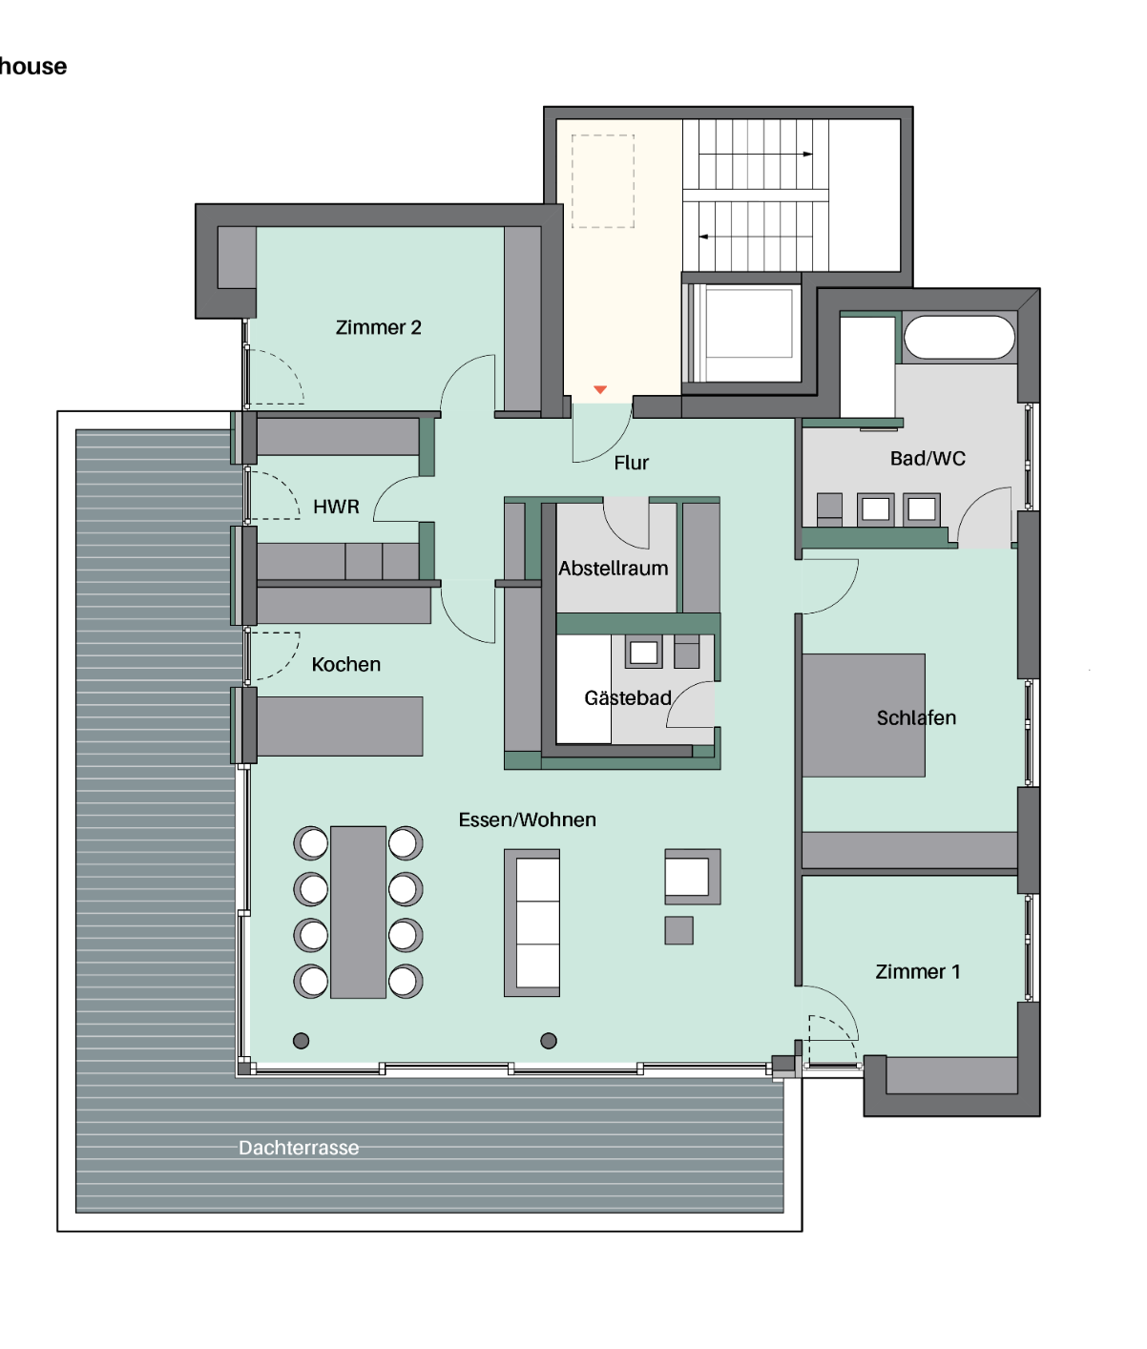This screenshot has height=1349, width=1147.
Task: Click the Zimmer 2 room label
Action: click(x=378, y=327)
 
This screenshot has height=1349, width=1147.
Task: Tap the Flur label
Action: click(x=632, y=463)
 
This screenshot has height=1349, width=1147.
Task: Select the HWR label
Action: click(x=336, y=507)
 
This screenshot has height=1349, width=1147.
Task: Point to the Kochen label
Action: click(x=346, y=664)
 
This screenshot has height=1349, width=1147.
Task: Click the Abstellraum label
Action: click(x=613, y=569)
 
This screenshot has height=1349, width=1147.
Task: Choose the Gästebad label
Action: click(x=627, y=697)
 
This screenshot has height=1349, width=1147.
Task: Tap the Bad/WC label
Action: click(x=928, y=458)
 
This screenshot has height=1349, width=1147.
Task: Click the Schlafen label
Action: click(x=916, y=717)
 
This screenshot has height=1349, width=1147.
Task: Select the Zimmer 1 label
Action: click(x=918, y=972)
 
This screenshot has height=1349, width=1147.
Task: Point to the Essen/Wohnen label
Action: click(x=527, y=820)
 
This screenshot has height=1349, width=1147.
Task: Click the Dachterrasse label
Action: click(x=299, y=1148)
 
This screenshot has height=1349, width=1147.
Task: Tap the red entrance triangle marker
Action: click(x=600, y=389)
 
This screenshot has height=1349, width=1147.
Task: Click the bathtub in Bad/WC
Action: click(x=960, y=338)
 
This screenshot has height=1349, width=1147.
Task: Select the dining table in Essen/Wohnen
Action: click(x=358, y=912)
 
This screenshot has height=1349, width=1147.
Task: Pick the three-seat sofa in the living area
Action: click(x=532, y=923)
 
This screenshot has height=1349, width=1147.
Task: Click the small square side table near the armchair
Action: click(x=678, y=931)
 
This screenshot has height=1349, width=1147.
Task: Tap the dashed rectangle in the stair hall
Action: click(x=602, y=181)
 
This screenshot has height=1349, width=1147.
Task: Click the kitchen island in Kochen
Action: click(x=340, y=726)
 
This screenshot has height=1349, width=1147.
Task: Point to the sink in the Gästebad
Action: click(x=644, y=652)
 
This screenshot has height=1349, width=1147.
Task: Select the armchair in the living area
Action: click(x=693, y=877)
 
